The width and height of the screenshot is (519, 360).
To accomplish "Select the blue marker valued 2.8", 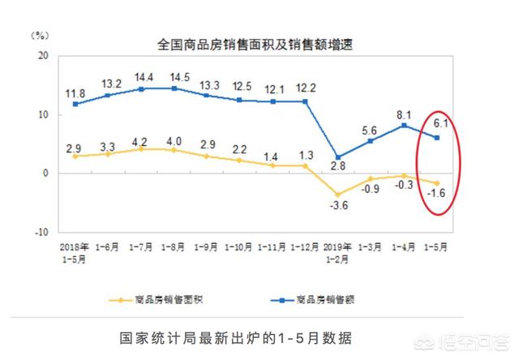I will click(x=338, y=157).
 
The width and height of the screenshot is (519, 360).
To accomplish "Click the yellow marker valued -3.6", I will click(x=338, y=195).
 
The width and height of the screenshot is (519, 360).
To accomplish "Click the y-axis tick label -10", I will click(x=41, y=231).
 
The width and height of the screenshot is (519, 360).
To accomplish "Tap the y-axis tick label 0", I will click(x=46, y=174).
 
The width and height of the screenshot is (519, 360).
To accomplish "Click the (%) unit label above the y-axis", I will click(x=40, y=36).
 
